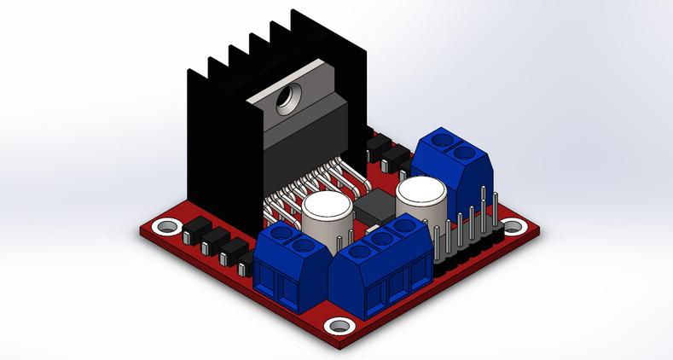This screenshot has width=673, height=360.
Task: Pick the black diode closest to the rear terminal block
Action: (x=397, y=157)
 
